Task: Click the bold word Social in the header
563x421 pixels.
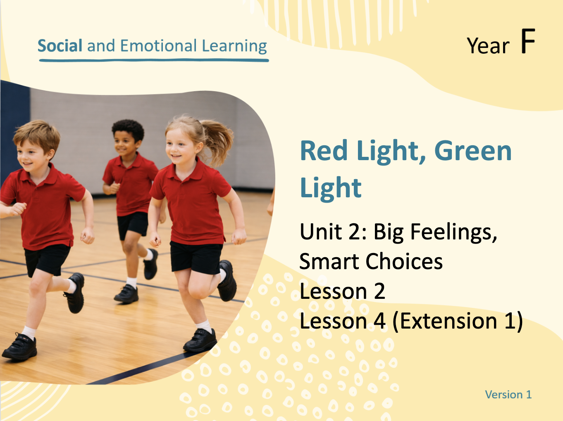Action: point(60,46)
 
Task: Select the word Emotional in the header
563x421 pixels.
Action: point(158,46)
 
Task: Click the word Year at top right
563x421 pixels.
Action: point(488,45)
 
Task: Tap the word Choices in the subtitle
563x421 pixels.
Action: point(404,261)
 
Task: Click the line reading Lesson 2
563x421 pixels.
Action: point(342,291)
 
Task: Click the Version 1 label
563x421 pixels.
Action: point(508,395)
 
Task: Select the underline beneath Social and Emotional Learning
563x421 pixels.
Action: point(154,60)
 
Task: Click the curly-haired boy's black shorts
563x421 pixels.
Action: point(133,225)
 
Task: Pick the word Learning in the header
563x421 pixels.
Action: point(234,46)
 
